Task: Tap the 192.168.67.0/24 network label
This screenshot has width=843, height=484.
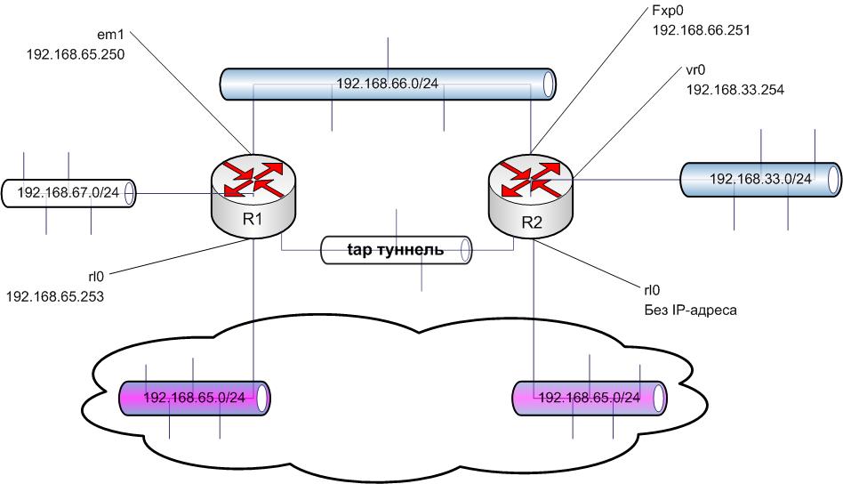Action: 68,192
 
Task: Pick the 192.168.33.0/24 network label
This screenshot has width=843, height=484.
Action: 760,179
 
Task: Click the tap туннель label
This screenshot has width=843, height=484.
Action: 394,250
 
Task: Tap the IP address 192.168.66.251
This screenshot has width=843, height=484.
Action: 702,30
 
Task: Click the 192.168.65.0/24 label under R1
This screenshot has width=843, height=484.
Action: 194,397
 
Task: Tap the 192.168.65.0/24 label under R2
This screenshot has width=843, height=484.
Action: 590,397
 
